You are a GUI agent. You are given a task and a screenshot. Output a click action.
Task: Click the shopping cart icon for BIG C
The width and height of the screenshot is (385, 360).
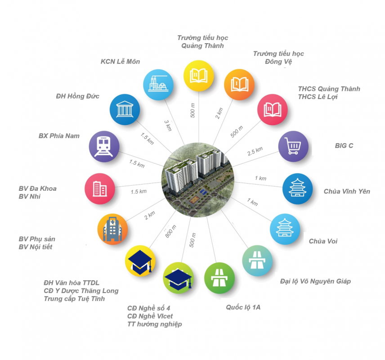tap(293, 146)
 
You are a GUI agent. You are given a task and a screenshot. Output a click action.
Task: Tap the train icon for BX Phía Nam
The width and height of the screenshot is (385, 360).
tap(104, 146)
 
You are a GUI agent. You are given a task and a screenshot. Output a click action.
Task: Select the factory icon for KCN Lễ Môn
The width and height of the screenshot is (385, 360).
tap(158, 85)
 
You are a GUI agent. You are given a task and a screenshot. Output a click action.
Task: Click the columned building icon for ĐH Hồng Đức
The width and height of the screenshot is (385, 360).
tap(125, 109)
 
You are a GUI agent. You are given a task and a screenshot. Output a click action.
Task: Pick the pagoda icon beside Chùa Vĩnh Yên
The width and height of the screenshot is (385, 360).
tap(298, 189)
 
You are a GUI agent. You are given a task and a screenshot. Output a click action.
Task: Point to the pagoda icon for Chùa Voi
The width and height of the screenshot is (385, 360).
tap(285, 229)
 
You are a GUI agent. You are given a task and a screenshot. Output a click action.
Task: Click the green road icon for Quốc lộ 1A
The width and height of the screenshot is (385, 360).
tap(219, 278)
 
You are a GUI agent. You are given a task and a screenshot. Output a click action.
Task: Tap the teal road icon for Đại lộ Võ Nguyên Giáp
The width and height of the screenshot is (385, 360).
tap(257, 261)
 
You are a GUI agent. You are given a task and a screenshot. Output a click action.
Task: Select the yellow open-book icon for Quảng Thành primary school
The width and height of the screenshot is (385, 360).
tap(199, 76)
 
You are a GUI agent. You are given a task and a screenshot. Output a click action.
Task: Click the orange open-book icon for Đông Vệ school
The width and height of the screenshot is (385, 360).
tap(239, 85)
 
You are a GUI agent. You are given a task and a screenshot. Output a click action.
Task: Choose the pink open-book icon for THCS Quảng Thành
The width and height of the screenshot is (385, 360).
tap(273, 109)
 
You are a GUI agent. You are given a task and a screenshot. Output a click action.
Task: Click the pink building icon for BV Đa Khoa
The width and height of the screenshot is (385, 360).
tap(100, 189)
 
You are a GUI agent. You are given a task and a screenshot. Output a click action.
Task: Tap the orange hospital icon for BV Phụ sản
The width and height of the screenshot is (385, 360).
tap(113, 229)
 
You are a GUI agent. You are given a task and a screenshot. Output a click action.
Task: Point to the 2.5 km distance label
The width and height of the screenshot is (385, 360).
tap(255, 151)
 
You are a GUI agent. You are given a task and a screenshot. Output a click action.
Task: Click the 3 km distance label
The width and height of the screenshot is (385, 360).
tap(168, 126)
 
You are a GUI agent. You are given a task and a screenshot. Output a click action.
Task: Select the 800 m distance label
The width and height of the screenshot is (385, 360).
tap(170, 231)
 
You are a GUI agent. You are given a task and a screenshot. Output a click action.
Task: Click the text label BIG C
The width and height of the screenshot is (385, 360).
tap(344, 146)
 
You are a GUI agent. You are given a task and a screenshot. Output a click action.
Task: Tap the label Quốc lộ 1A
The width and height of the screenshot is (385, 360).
tap(243, 307)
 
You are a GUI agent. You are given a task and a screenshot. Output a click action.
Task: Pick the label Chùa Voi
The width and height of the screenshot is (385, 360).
tap(323, 241)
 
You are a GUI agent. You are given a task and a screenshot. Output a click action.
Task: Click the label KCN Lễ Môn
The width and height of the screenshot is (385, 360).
tap(121, 61)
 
